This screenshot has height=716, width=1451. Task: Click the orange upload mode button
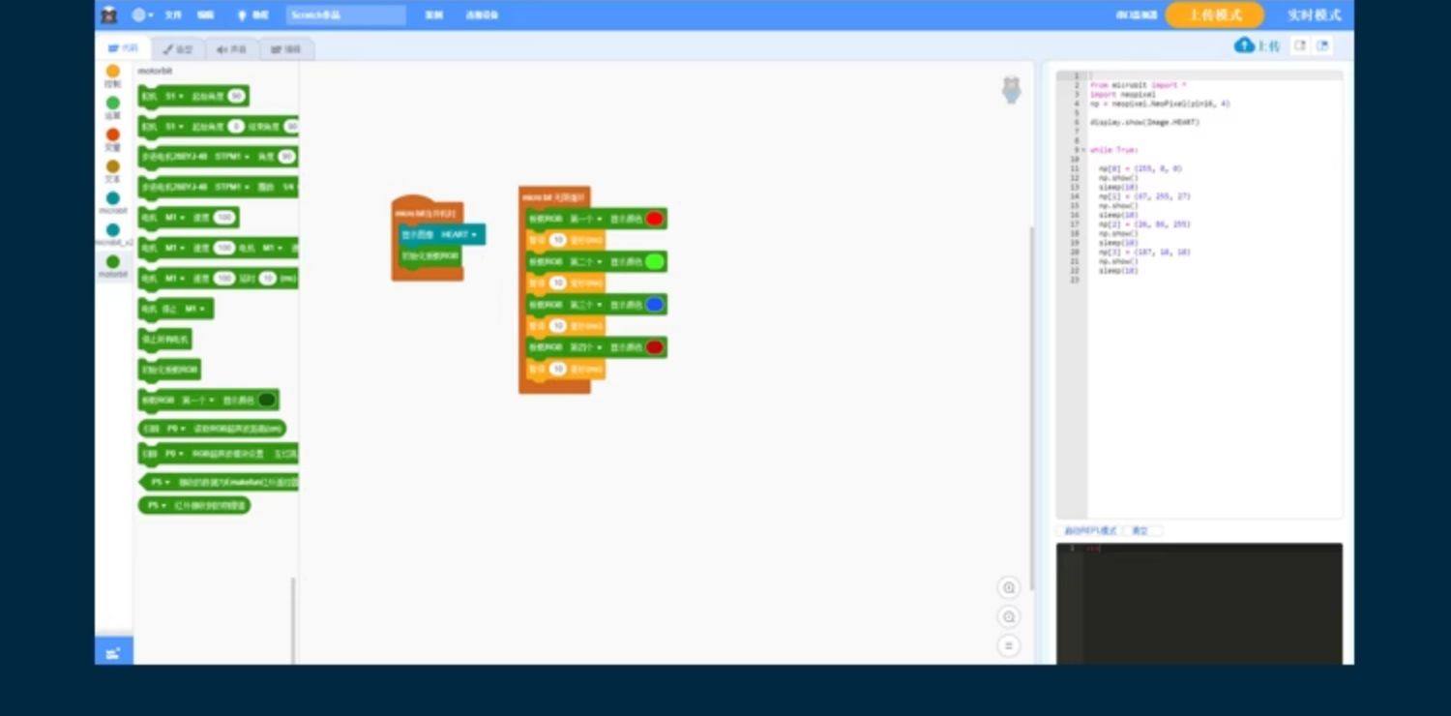(1214, 15)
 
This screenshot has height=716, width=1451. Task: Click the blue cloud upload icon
(1245, 45)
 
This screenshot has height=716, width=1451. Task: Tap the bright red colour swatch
(655, 219)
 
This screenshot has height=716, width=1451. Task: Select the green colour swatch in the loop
(655, 261)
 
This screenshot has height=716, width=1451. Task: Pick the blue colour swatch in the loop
(655, 305)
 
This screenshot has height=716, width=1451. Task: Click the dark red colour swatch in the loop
(655, 347)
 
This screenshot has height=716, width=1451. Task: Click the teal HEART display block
(442, 234)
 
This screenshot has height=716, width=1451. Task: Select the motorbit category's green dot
(113, 262)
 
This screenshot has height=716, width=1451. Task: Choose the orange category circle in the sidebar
(113, 72)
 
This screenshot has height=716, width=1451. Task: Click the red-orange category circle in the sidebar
(113, 135)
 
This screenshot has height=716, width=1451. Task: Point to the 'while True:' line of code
(1113, 150)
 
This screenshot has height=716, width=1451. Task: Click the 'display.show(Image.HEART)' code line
(1144, 123)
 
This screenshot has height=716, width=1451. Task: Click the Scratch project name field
(345, 15)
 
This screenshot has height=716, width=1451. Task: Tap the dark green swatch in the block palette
(267, 400)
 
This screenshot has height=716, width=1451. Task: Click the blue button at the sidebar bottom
(113, 653)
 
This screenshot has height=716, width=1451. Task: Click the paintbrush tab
(178, 48)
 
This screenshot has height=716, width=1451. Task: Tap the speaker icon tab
(232, 48)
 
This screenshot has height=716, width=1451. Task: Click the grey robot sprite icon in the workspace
(1011, 90)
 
